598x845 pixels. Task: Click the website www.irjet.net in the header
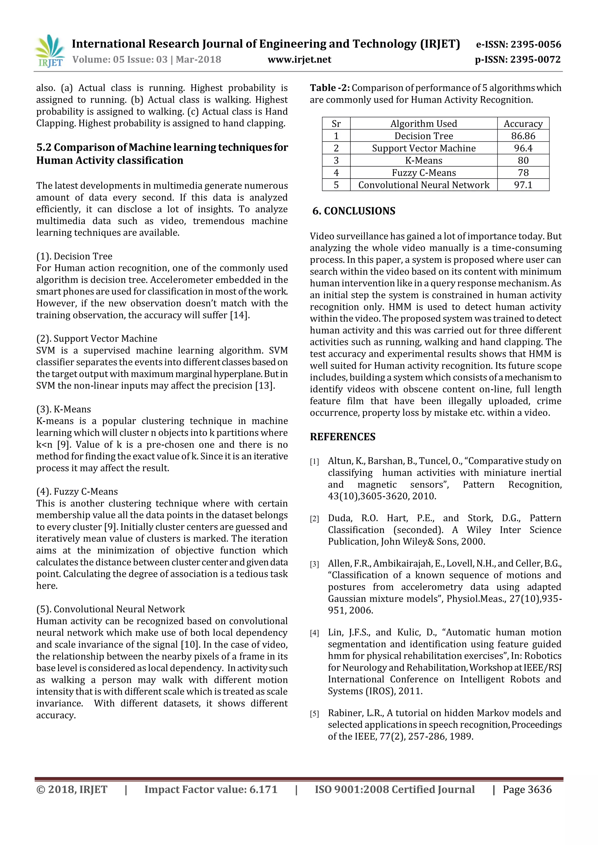pyautogui.click(x=299, y=60)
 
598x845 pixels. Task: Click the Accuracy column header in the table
pyautogui.click(x=523, y=124)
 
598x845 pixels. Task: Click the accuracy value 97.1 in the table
pyautogui.click(x=523, y=185)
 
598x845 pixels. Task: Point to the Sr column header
pyautogui.click(x=336, y=124)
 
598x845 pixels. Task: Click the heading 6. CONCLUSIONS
pyautogui.click(x=354, y=211)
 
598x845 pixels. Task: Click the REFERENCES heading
pyautogui.click(x=343, y=437)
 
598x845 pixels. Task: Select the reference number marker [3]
pyautogui.click(x=314, y=564)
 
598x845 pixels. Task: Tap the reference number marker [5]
pyautogui.click(x=314, y=714)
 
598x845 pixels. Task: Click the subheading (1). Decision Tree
pyautogui.click(x=74, y=256)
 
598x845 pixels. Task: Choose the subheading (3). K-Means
pyautogui.click(x=63, y=409)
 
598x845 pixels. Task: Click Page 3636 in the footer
pyautogui.click(x=527, y=790)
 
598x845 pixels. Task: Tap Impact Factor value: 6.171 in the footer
pyautogui.click(x=211, y=790)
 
